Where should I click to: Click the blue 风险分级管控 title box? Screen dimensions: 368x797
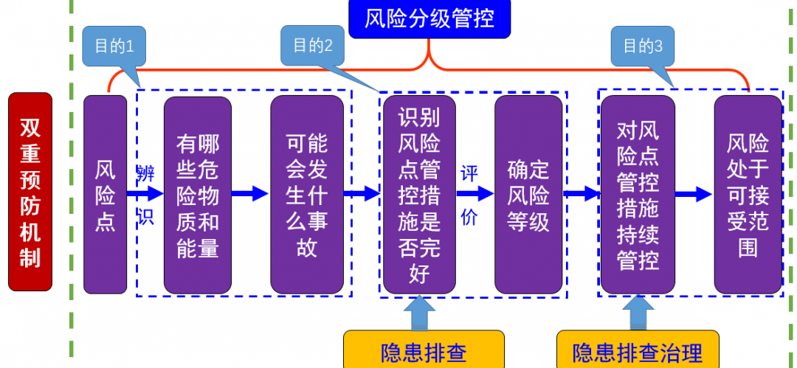(x=429, y=18)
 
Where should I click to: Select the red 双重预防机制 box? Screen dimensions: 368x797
(x=30, y=191)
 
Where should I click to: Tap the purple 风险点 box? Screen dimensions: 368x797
(x=105, y=194)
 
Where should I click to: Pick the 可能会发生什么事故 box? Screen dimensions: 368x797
(x=306, y=195)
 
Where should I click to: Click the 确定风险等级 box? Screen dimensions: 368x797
(x=528, y=194)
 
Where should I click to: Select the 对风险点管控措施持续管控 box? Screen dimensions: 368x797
(x=638, y=194)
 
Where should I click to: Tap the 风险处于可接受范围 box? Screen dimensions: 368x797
(x=748, y=194)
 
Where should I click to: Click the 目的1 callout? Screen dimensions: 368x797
(x=114, y=46)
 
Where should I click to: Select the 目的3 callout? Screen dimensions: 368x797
(x=643, y=46)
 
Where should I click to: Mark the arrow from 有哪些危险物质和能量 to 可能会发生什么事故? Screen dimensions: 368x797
(x=250, y=194)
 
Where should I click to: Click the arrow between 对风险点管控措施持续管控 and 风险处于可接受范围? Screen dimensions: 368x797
(x=694, y=194)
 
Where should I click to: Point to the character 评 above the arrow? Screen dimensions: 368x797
(x=469, y=174)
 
